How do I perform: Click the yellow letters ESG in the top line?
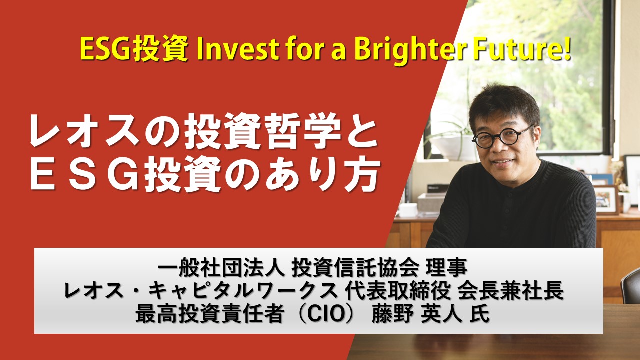coord(105,49)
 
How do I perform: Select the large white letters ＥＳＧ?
coord(85,174)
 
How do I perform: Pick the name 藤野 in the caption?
coord(393,314)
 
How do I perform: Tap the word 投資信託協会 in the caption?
coord(355,268)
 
